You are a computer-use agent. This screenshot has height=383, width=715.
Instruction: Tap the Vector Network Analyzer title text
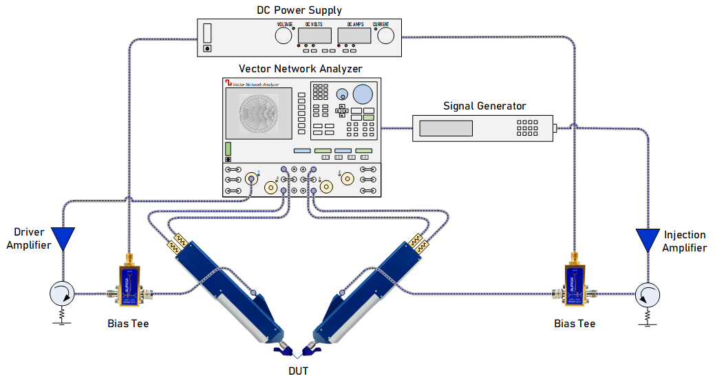click(x=300, y=69)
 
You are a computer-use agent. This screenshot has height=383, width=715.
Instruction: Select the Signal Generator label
click(x=484, y=106)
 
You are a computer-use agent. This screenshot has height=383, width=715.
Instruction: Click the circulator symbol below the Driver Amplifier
click(x=63, y=294)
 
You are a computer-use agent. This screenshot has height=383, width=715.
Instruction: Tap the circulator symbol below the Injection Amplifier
click(x=647, y=294)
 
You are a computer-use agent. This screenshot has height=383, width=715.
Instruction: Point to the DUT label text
click(x=299, y=371)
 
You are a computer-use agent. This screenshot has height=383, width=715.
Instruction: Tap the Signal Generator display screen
click(x=446, y=128)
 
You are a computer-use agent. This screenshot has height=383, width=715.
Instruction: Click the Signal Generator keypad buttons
click(x=527, y=128)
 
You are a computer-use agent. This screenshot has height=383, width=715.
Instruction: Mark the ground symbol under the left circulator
click(x=63, y=318)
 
